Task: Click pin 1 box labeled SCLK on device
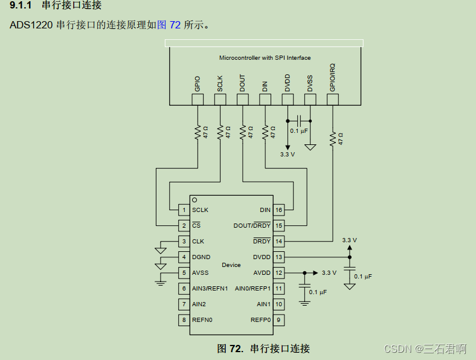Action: coord(183,210)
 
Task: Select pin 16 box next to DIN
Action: coord(278,210)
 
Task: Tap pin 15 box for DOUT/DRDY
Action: coord(278,226)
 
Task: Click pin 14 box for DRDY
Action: coord(278,242)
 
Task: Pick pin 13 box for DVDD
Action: coord(278,257)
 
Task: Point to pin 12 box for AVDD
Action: coord(278,273)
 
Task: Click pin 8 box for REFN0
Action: coord(183,320)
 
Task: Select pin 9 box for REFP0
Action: coord(278,320)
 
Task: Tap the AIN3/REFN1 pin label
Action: coord(210,289)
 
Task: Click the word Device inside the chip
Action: coord(231,265)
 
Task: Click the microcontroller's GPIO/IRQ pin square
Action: coord(332,100)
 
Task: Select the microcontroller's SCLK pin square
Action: coord(220,100)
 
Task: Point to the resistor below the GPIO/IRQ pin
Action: coord(332,138)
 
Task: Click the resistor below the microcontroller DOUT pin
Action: coord(243,132)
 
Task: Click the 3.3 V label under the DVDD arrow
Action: coord(288,155)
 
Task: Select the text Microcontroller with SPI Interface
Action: coord(265,58)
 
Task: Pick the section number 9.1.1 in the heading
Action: coord(21,6)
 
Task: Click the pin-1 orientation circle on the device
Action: coord(194,199)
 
